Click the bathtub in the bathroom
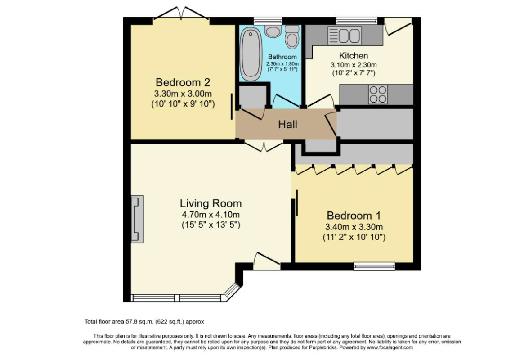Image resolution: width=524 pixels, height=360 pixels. (249, 54)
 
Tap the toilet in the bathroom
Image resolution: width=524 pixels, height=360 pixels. (292, 37)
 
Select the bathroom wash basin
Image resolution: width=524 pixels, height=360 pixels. (272, 30)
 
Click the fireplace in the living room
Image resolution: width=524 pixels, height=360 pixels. (137, 219)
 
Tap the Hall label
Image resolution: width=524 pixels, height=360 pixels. (287, 124)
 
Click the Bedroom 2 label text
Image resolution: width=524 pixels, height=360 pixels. (183, 82)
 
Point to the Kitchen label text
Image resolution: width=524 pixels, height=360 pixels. (354, 56)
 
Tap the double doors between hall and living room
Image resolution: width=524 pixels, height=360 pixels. (264, 145)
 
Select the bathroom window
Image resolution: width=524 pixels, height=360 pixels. (267, 20)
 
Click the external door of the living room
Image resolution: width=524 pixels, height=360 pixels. (267, 261)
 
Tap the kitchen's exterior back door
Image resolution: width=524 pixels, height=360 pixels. (398, 26)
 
